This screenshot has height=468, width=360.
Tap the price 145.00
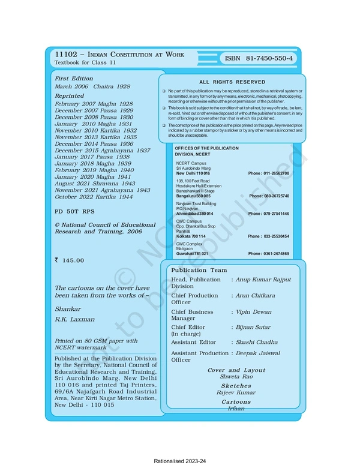coord(73,260)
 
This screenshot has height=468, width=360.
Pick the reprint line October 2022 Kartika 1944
coord(94,197)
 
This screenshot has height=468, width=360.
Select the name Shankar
coord(67,308)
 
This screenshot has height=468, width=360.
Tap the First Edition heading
coord(74,79)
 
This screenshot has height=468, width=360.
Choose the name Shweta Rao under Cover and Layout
coord(236,377)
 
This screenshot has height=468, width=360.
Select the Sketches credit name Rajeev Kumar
coord(236,392)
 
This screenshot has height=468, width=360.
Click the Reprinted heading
coord(70,96)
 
